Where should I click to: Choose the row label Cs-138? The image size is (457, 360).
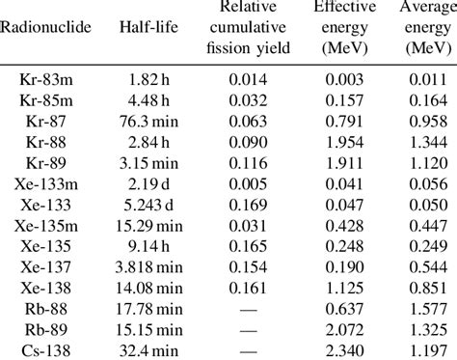(45, 350)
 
